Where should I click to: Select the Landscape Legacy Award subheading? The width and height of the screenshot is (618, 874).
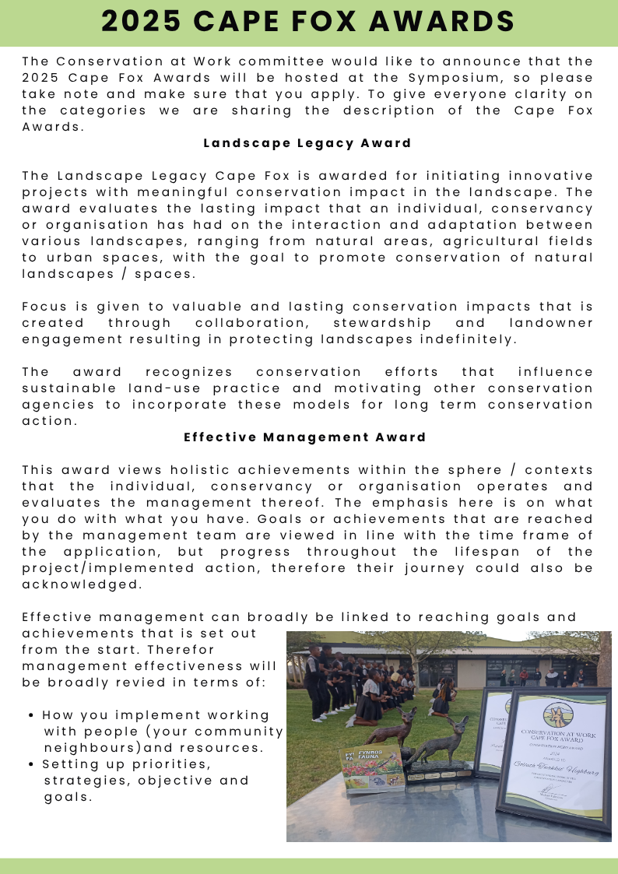tap(307, 143)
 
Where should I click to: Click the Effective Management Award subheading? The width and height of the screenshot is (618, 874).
tap(305, 437)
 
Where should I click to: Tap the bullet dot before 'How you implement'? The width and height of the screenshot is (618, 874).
tap(30, 715)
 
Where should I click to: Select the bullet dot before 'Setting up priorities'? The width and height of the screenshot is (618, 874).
tap(30, 764)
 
